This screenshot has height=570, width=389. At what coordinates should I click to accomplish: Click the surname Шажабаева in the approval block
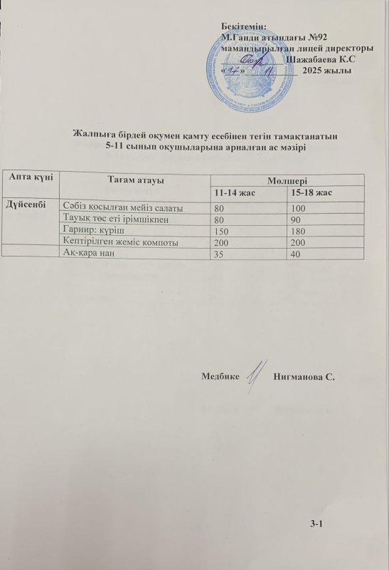point(321,59)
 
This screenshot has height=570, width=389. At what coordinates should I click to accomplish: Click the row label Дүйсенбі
point(26,205)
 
